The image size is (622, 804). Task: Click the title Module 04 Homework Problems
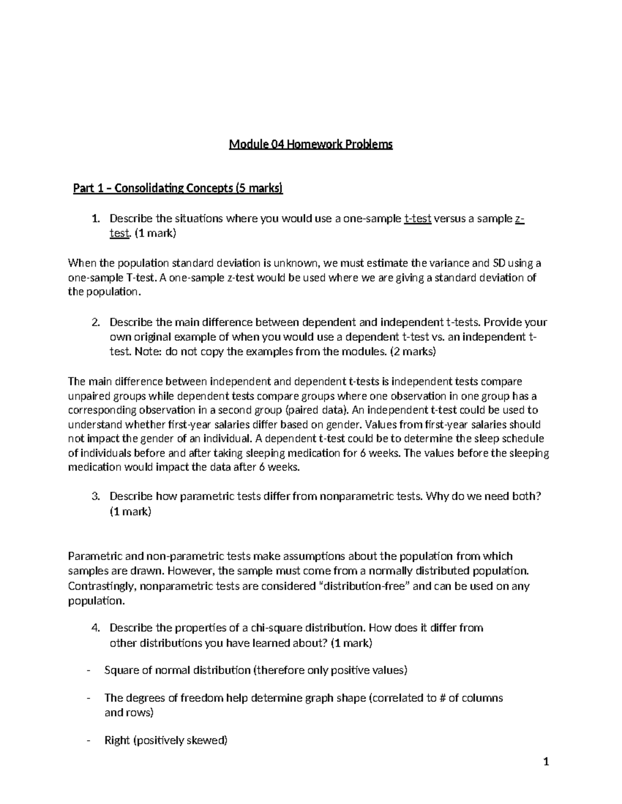311,144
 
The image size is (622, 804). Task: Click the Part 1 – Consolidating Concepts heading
178,188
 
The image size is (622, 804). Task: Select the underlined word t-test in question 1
417,218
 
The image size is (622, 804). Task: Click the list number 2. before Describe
95,323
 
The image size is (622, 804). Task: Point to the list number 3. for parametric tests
95,496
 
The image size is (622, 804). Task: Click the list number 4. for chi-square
95,628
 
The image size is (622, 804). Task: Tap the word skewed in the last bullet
209,740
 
